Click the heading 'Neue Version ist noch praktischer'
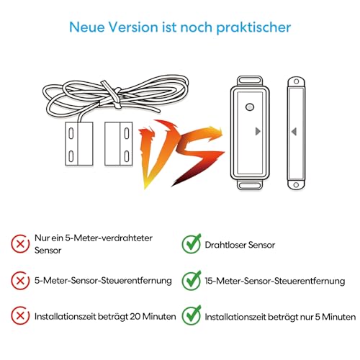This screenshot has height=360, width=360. click(x=180, y=27)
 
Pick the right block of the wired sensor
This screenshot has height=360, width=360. click(x=119, y=140)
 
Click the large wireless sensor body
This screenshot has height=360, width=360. click(x=248, y=133)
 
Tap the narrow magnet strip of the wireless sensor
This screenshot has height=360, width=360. click(x=294, y=133)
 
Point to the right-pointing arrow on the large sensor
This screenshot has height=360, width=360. click(x=258, y=132)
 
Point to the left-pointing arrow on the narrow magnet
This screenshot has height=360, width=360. click(x=294, y=132)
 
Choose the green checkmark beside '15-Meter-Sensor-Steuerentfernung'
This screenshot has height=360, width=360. click(x=191, y=280)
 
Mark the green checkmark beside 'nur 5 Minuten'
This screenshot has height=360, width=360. click(x=191, y=316)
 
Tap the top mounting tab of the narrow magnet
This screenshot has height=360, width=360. click(x=294, y=81)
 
